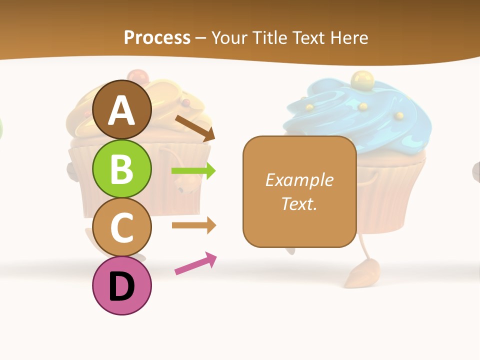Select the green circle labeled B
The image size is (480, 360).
pyautogui.click(x=121, y=168)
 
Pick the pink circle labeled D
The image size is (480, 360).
pyautogui.click(x=121, y=285)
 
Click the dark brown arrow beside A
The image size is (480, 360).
pyautogui.click(x=195, y=127)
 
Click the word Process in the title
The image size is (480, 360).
pyautogui.click(x=157, y=37)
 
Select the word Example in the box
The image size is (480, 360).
pyautogui.click(x=299, y=180)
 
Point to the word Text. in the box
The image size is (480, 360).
pyautogui.click(x=299, y=203)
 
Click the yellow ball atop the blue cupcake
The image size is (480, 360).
pyautogui.click(x=360, y=79)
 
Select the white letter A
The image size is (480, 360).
pyautogui.click(x=121, y=110)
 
